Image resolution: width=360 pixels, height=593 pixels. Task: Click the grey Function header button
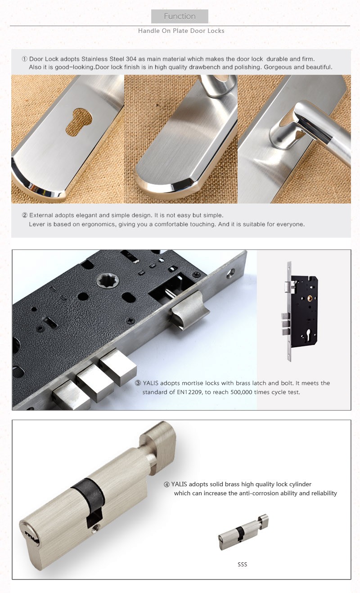[x=180, y=17]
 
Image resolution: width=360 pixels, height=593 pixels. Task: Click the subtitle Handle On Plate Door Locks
[x=181, y=31]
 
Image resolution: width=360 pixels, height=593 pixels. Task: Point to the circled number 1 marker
[x=25, y=59]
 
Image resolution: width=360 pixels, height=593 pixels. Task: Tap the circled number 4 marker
[x=166, y=485]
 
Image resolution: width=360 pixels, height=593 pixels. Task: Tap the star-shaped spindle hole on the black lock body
[x=106, y=281]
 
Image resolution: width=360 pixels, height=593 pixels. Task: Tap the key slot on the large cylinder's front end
[x=29, y=536]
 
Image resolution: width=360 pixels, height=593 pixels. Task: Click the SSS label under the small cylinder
[x=242, y=565]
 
